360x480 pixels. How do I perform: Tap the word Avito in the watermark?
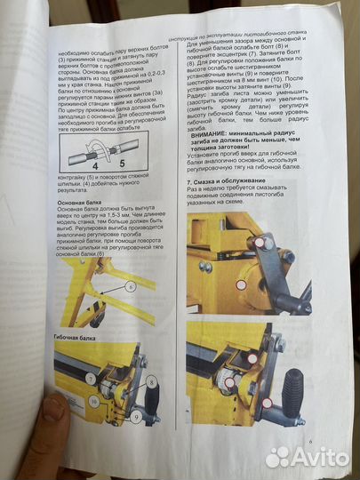click(318, 457)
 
